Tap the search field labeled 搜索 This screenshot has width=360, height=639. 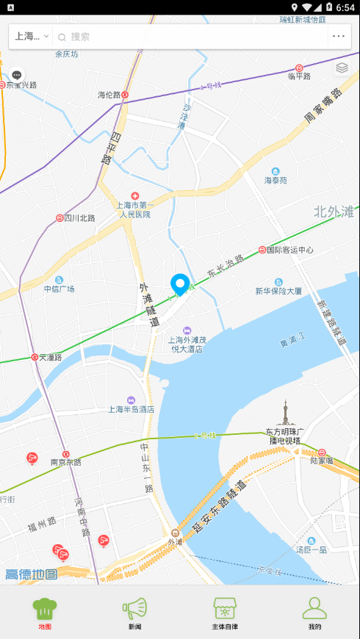191,37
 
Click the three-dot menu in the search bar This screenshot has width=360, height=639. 338,37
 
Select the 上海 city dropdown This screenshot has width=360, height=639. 32,37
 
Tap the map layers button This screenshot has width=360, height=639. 342,68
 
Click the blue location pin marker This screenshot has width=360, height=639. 180,284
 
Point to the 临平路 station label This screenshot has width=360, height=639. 300,75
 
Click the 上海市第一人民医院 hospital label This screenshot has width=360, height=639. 134,209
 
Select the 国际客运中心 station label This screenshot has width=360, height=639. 289,250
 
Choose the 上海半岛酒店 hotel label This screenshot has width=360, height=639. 131,409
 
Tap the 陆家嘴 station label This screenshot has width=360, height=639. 322,461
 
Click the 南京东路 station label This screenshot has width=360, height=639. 65,463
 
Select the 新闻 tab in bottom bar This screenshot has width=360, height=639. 135,613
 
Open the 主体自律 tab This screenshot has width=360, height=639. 225,613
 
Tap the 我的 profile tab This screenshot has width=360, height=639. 314,613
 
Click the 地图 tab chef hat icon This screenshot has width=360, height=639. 45,607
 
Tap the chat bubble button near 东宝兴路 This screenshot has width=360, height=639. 17,75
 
